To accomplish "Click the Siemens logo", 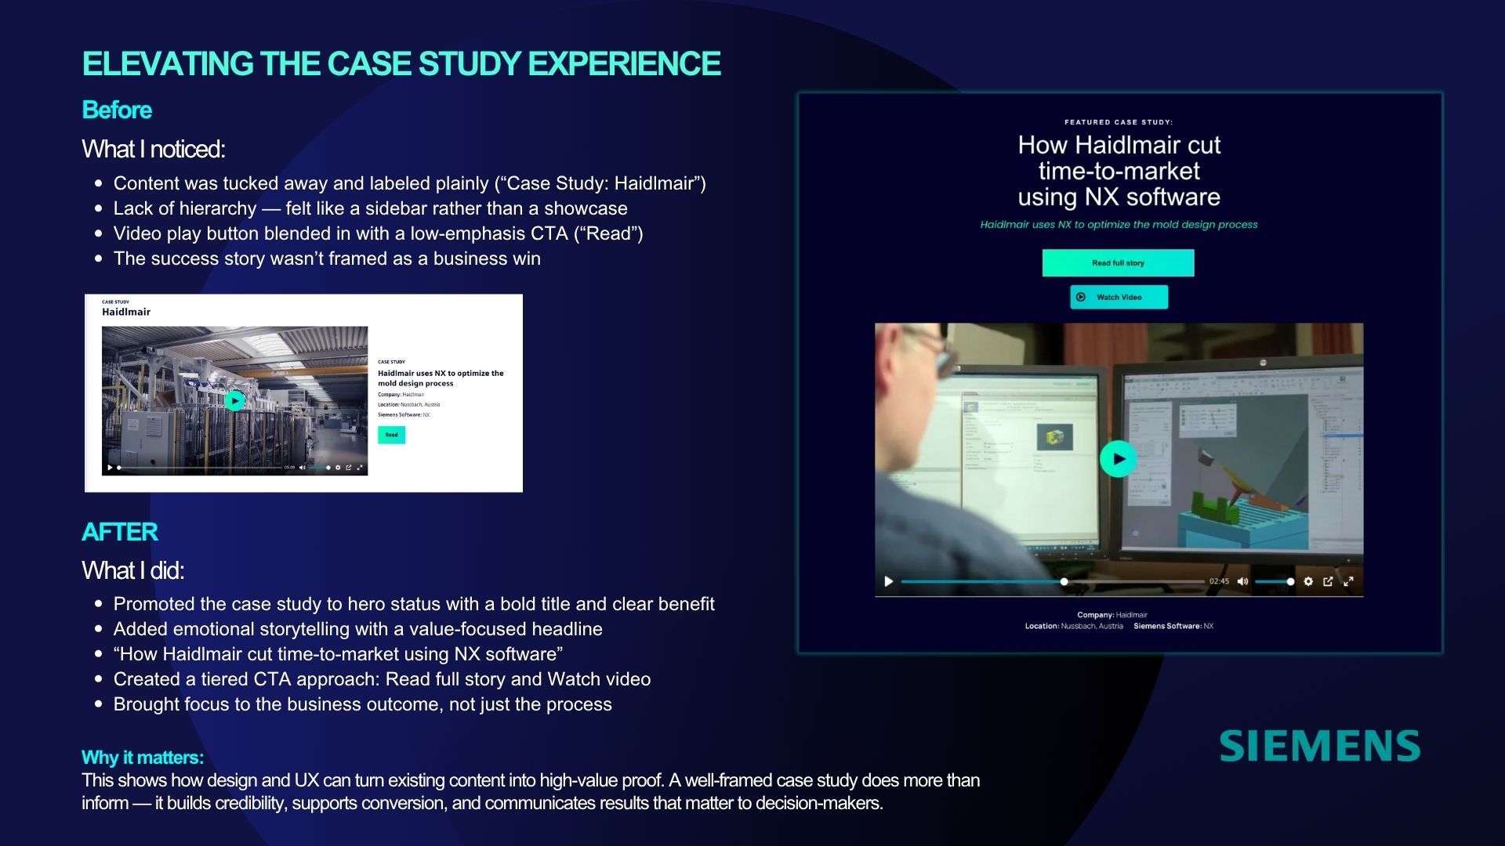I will click(1319, 746).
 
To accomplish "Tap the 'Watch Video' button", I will click(1119, 297).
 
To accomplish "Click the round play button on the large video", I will click(1118, 459).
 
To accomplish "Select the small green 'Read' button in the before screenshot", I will click(391, 435).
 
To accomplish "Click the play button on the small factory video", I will click(234, 401).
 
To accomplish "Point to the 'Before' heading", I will click(117, 110).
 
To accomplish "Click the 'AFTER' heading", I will click(120, 533).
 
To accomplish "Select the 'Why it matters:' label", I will click(143, 757).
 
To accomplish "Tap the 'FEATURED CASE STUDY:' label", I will click(1119, 122).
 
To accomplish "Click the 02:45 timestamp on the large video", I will click(1219, 581).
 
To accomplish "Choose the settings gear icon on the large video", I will click(1308, 581).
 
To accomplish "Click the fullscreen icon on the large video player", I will click(1348, 581).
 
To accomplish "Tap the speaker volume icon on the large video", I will click(1242, 581).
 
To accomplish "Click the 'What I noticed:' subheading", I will click(154, 149).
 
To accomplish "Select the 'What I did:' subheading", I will click(133, 570).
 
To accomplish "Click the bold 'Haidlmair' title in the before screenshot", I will click(126, 312).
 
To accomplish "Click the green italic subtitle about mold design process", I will click(1119, 225).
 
